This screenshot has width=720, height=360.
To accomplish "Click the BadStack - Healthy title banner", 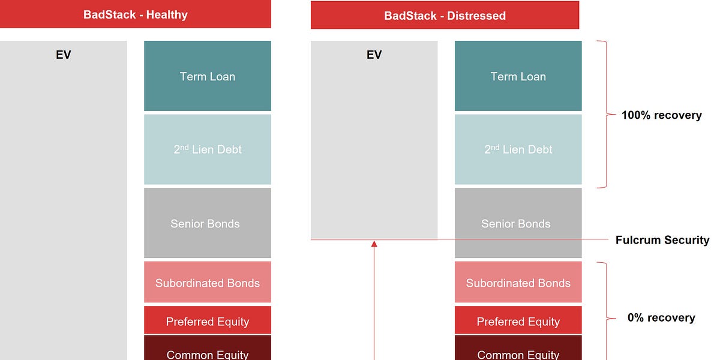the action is (135, 14).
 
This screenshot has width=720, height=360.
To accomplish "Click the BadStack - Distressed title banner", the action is (445, 15).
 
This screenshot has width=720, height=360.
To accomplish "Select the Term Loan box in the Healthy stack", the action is (208, 76).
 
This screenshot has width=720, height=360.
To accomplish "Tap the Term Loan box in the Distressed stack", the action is (518, 76).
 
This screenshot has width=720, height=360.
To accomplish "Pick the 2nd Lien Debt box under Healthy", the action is (208, 149).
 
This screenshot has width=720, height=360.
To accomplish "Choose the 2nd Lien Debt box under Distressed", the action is (518, 149).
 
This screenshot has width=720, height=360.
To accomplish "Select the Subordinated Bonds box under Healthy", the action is (208, 283).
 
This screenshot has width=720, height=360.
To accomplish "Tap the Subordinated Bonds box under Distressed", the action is (518, 283).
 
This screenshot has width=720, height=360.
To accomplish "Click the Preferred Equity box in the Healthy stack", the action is (208, 321).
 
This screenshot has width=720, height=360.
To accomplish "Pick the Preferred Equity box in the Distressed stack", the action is (518, 321).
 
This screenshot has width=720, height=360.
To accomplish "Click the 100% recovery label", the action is (661, 115).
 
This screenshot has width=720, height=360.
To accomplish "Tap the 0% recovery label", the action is (661, 317).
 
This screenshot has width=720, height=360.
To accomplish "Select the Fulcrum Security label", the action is (662, 240).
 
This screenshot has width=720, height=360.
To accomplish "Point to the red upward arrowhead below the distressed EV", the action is (374, 244).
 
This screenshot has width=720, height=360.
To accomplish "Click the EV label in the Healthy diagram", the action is (63, 55).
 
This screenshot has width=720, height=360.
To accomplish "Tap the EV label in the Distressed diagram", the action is (374, 55).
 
